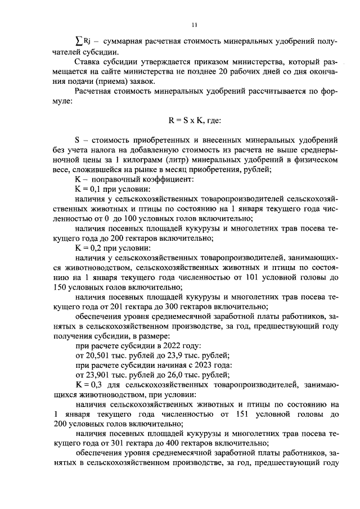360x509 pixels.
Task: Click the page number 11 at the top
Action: [194, 24]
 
